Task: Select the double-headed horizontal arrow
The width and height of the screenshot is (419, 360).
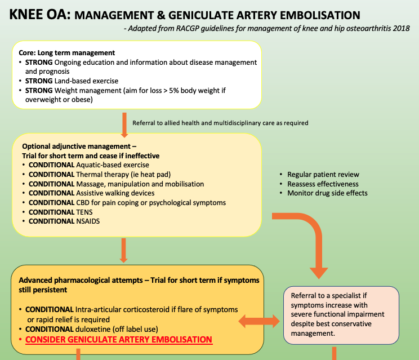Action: [x=259, y=322]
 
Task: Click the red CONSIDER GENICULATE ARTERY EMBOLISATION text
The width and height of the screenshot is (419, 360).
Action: [x=119, y=340]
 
